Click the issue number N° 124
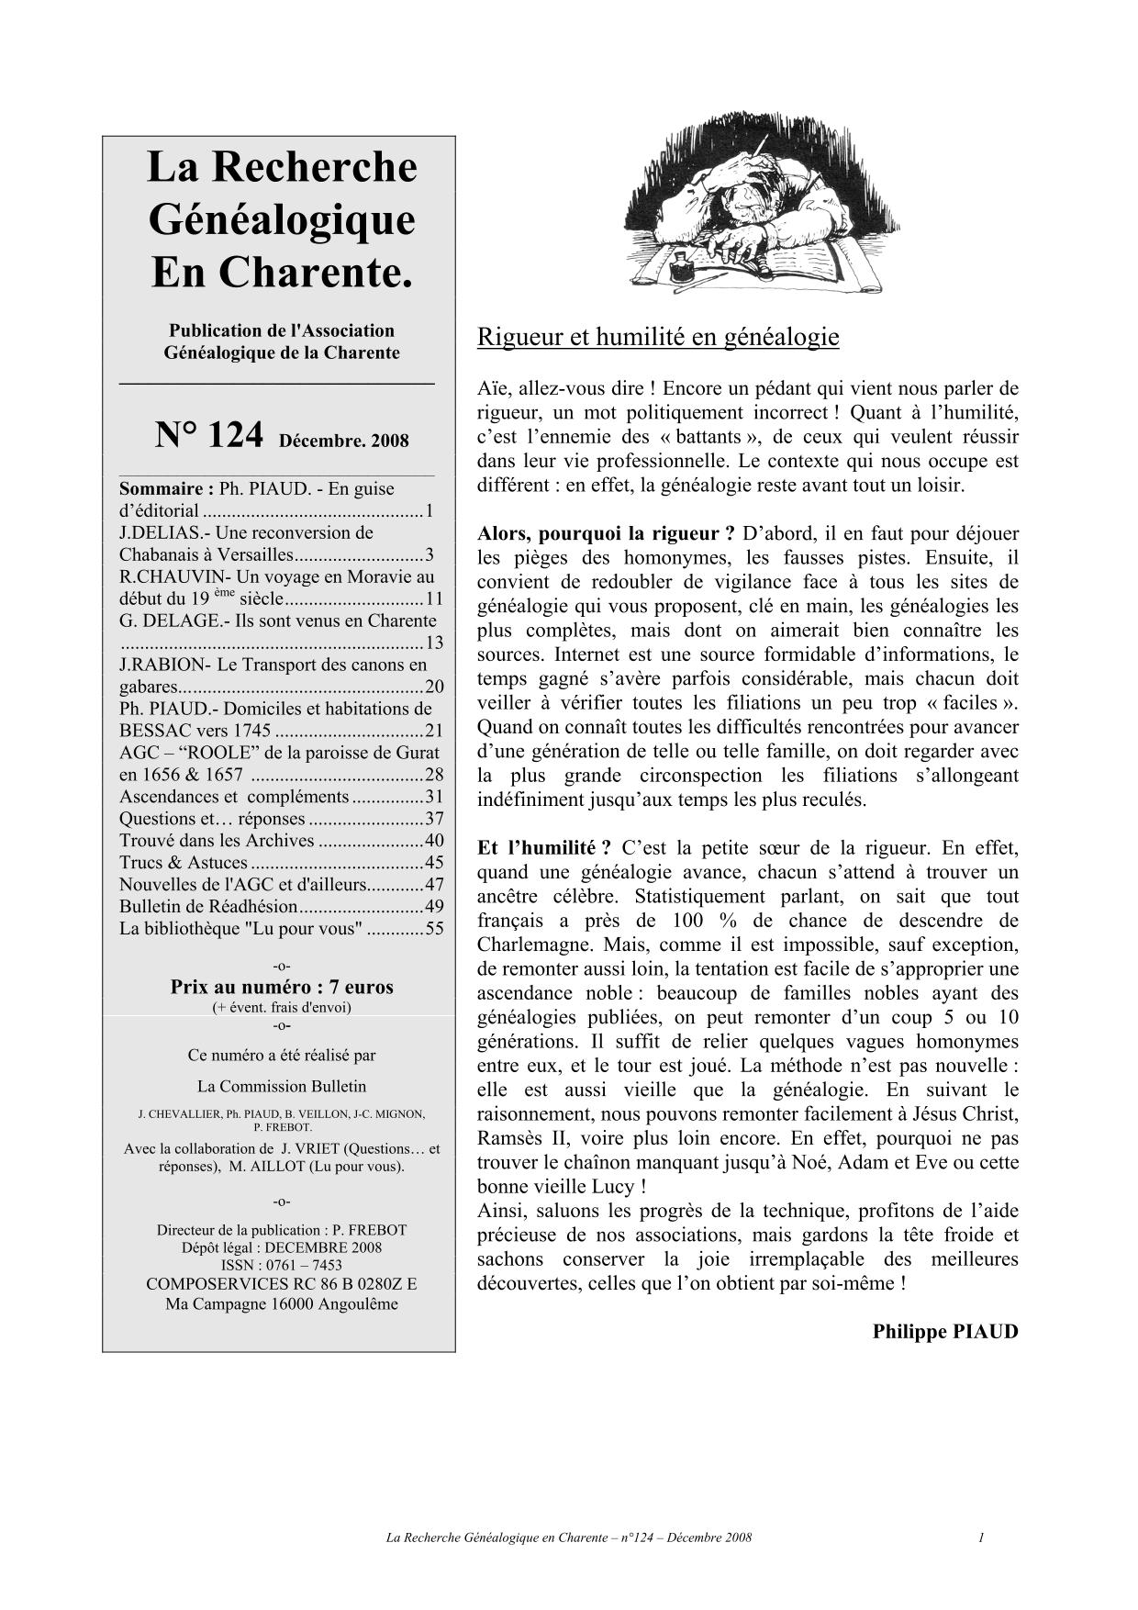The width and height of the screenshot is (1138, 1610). pyautogui.click(x=210, y=435)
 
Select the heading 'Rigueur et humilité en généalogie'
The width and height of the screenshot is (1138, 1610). pyautogui.click(x=658, y=337)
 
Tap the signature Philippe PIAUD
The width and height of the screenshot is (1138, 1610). pyautogui.click(x=945, y=1331)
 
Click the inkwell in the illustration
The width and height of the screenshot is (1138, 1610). pyautogui.click(x=682, y=270)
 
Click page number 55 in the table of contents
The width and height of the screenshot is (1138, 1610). pyautogui.click(x=434, y=928)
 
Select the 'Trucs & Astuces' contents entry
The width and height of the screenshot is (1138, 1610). pyautogui.click(x=184, y=862)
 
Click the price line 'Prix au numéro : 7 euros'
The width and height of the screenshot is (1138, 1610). pyautogui.click(x=282, y=988)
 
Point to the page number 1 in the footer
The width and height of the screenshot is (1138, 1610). pyautogui.click(x=981, y=1537)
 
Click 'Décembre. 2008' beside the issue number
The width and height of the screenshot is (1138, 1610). pyautogui.click(x=344, y=441)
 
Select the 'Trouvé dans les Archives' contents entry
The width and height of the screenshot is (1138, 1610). pyautogui.click(x=218, y=840)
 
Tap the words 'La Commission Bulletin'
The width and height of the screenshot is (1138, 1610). pyautogui.click(x=282, y=1086)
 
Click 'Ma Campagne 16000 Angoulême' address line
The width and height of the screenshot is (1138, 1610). pyautogui.click(x=282, y=1303)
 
